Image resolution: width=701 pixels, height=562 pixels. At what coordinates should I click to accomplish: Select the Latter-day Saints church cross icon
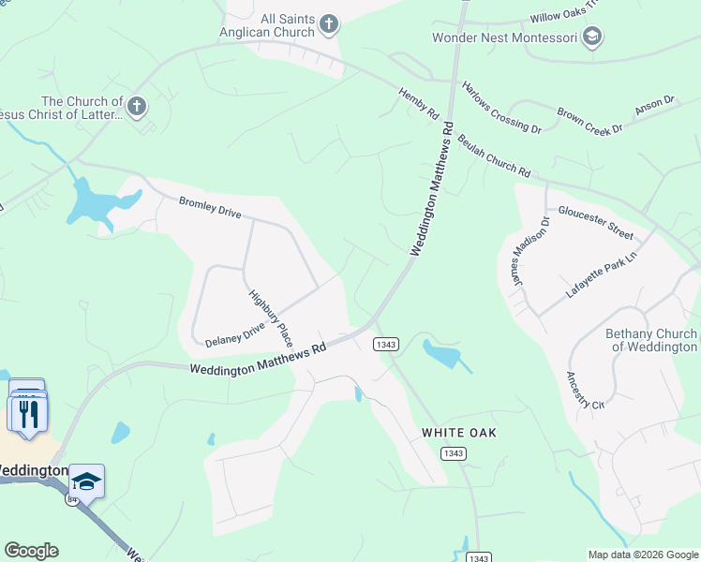click(x=137, y=107)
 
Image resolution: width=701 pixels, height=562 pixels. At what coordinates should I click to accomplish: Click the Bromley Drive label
click(x=210, y=206)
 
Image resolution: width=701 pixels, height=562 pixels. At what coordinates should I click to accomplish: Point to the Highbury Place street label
click(x=271, y=318)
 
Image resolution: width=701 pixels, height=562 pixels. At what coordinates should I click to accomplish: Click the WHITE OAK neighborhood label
click(x=458, y=433)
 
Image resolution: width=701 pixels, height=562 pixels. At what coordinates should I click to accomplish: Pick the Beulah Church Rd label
click(x=494, y=155)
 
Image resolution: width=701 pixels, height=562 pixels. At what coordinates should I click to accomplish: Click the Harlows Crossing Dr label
click(x=501, y=106)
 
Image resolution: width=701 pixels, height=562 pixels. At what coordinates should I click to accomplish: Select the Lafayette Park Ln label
click(x=601, y=274)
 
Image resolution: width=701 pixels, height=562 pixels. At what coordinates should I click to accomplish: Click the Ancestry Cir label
click(x=585, y=391)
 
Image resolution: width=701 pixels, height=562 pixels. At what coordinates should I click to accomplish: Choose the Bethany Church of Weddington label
click(x=651, y=340)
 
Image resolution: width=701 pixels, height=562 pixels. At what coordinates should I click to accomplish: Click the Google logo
click(x=31, y=551)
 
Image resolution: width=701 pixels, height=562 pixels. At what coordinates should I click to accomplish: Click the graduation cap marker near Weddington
click(x=86, y=481)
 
